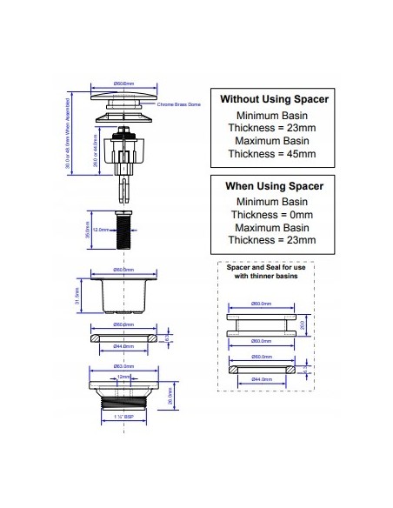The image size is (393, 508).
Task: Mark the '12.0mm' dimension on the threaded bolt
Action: (x=100, y=230)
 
